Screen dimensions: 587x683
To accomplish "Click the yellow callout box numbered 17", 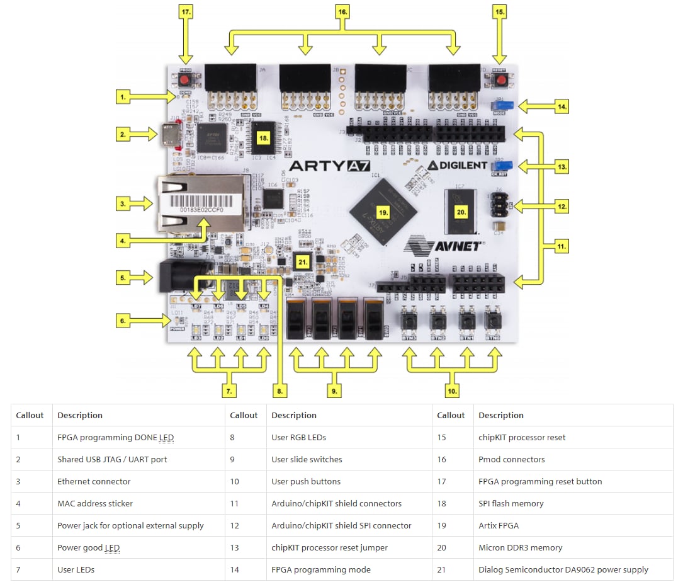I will pos(186,12).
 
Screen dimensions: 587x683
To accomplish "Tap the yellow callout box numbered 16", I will pos(342,12).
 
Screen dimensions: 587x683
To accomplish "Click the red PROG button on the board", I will pos(186,82).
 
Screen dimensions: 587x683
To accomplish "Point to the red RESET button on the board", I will pos(500,82).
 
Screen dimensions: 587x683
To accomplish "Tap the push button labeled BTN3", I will pos(410,320).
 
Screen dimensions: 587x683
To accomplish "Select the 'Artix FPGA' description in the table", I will pos(499,525).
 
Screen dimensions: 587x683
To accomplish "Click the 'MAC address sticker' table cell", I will pos(95,503).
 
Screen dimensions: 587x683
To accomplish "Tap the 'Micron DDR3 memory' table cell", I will pos(520,547).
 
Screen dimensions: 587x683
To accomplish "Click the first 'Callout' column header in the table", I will pos(30,415).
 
